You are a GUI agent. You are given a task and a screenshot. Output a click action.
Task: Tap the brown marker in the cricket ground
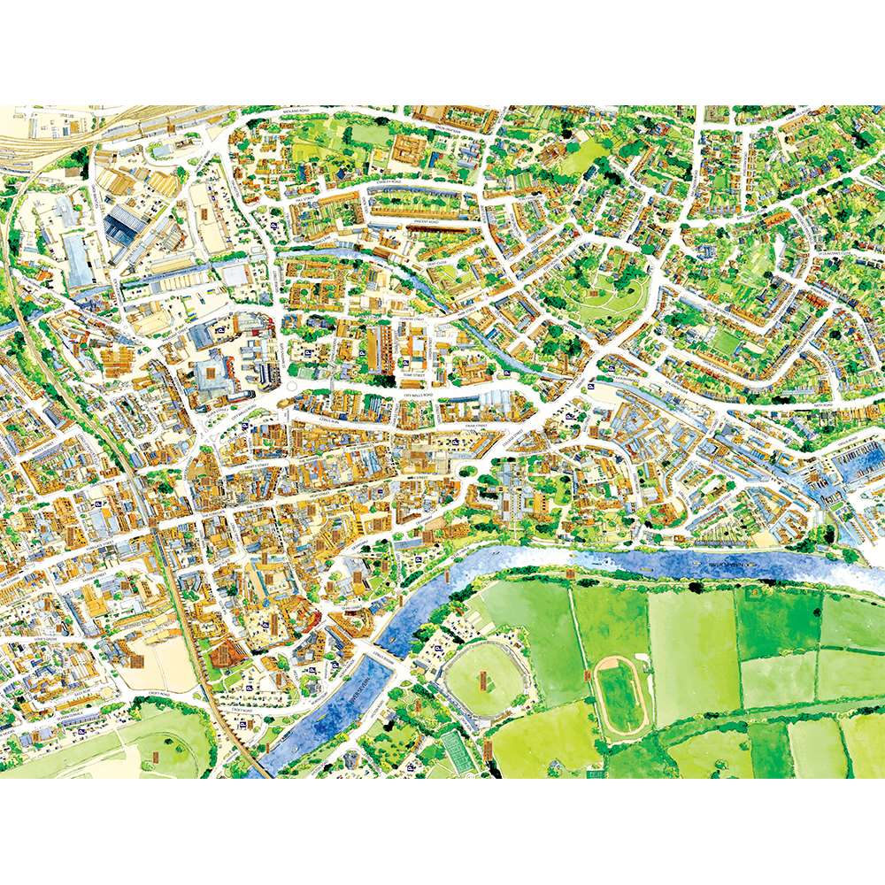coord(483,680)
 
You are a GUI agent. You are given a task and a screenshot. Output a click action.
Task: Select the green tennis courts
coord(456,748)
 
